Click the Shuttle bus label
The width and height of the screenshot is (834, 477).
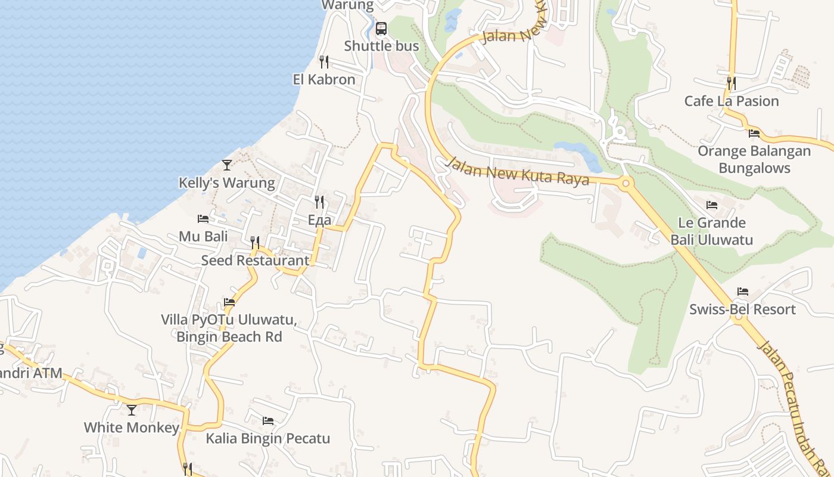tap(381, 46)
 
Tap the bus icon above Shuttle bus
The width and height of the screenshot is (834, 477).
tap(381, 28)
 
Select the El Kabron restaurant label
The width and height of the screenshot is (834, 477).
tap(324, 79)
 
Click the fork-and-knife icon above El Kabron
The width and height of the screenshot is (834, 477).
tap(324, 61)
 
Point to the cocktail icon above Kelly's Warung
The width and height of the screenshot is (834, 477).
tap(227, 165)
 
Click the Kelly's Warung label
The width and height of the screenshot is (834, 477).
tap(227, 183)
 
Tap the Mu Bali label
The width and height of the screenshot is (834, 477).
tap(203, 236)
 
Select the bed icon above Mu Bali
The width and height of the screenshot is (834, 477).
tap(203, 219)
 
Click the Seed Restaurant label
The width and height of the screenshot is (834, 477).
tap(255, 261)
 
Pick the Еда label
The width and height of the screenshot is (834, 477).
tap(319, 220)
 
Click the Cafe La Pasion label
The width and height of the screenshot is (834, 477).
tap(732, 101)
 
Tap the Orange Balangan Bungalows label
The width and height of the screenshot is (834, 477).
tap(754, 159)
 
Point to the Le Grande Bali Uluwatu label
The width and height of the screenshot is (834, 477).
tap(712, 231)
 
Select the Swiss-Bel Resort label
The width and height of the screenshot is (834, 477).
tap(742, 309)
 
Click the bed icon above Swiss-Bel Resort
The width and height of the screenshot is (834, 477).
tap(742, 292)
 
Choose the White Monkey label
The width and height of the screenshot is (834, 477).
tap(132, 428)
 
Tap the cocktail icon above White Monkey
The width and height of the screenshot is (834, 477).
tap(132, 410)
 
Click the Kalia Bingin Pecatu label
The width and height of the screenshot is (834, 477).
tap(268, 439)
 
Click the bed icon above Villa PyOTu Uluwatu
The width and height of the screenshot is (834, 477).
tap(229, 302)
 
